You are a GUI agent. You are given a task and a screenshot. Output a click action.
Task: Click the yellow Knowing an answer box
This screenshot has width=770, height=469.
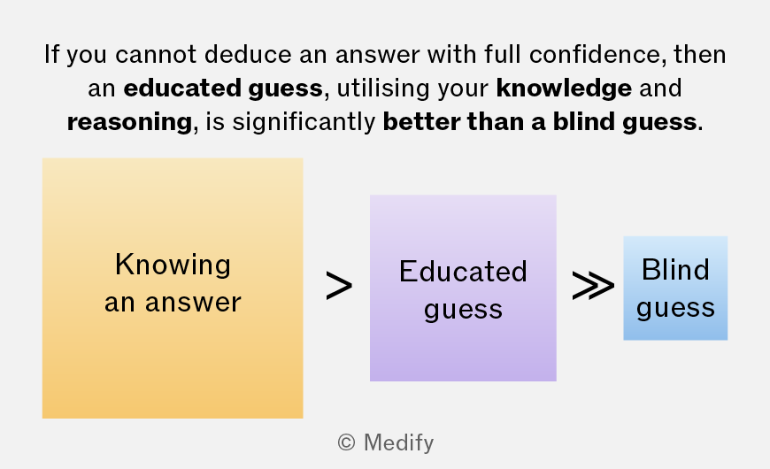tap(173, 288)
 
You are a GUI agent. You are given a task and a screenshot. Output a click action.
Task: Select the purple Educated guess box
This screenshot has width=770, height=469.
tap(463, 288)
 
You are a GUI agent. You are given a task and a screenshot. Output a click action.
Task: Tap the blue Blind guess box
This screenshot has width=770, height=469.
tap(675, 288)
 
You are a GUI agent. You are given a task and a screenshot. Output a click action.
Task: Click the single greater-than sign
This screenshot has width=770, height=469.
tap(339, 286)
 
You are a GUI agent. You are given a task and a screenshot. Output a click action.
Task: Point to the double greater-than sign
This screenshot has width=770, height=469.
tap(593, 286)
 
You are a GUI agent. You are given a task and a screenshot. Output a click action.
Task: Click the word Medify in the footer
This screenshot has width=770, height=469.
tap(399, 442)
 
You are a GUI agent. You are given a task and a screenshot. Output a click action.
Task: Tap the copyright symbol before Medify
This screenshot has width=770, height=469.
tap(346, 442)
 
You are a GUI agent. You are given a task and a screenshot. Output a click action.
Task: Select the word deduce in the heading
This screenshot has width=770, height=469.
tap(248, 55)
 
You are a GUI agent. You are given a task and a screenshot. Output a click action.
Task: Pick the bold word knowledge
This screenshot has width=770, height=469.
tap(564, 88)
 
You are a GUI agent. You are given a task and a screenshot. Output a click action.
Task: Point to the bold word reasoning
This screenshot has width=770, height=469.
tap(129, 122)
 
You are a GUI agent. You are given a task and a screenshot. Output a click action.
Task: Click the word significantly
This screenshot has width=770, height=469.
tap(304, 122)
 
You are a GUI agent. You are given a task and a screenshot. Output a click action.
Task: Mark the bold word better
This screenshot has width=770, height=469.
tap(421, 121)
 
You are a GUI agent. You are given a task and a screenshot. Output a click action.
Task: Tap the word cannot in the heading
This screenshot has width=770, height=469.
tap(156, 55)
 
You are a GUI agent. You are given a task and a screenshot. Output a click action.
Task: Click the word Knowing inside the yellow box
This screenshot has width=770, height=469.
tap(173, 265)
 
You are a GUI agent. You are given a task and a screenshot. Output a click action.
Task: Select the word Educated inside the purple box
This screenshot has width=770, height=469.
tap(463, 271)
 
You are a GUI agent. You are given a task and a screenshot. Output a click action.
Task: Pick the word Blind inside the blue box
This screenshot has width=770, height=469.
tap(675, 270)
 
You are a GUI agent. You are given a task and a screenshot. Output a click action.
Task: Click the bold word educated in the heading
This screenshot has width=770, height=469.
tap(182, 88)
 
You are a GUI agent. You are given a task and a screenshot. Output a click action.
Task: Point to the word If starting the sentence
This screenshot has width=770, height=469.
tap(51, 54)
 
